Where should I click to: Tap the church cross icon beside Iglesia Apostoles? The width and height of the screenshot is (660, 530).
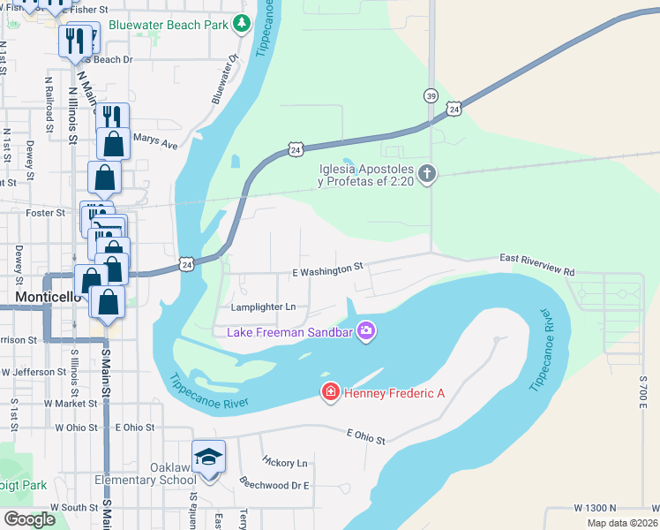[x=427, y=173]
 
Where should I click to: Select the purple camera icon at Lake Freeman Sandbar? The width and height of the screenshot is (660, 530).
[x=366, y=332]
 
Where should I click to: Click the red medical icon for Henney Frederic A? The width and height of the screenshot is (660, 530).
[x=331, y=392]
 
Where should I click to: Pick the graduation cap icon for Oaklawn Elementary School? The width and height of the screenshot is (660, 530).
[x=209, y=457]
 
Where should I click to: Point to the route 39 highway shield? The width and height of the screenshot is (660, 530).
[x=430, y=95]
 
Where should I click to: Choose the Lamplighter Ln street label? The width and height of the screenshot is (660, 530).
[x=263, y=307]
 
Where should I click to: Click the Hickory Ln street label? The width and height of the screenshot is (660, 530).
[x=285, y=463]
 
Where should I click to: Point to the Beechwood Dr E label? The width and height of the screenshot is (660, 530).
[x=274, y=484]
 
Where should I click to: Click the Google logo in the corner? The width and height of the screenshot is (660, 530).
[x=29, y=519]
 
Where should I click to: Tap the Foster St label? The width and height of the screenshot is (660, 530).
[x=48, y=213]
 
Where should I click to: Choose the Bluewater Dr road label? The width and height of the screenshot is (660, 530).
[x=226, y=79]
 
